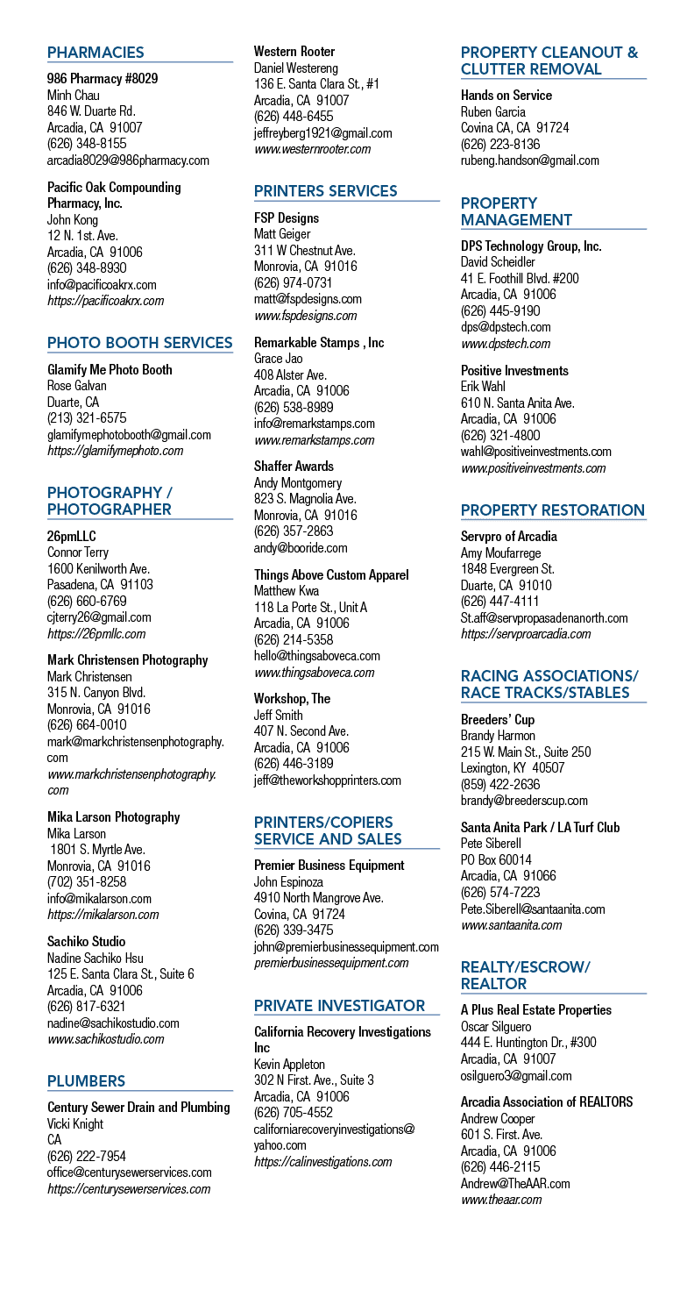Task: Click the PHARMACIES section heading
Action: pyautogui.click(x=96, y=53)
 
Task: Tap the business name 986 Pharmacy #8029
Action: pyautogui.click(x=103, y=78)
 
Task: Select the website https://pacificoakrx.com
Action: pyautogui.click(x=105, y=301)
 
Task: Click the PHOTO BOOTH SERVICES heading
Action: pyautogui.click(x=140, y=343)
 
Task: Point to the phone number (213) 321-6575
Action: pyautogui.click(x=87, y=418)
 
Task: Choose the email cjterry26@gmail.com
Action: pyautogui.click(x=99, y=617)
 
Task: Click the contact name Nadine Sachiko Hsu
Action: pyautogui.click(x=96, y=959)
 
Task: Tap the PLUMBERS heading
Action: pyautogui.click(x=87, y=1081)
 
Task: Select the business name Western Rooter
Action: pyautogui.click(x=294, y=51)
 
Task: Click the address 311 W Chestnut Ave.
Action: pyautogui.click(x=305, y=251)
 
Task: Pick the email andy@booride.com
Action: pyautogui.click(x=301, y=548)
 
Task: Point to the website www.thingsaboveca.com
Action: pyautogui.click(x=315, y=672)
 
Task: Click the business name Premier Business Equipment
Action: pyautogui.click(x=329, y=865)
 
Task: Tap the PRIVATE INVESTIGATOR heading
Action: pyautogui.click(x=339, y=1006)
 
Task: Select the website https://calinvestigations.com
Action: pyautogui.click(x=322, y=1162)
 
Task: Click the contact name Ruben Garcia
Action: pyautogui.click(x=493, y=111)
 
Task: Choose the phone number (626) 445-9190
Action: pyautogui.click(x=500, y=311)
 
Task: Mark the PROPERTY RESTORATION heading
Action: pyautogui.click(x=552, y=510)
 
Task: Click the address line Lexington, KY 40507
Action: pyautogui.click(x=513, y=767)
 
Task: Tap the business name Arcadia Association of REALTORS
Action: pyautogui.click(x=547, y=1101)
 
